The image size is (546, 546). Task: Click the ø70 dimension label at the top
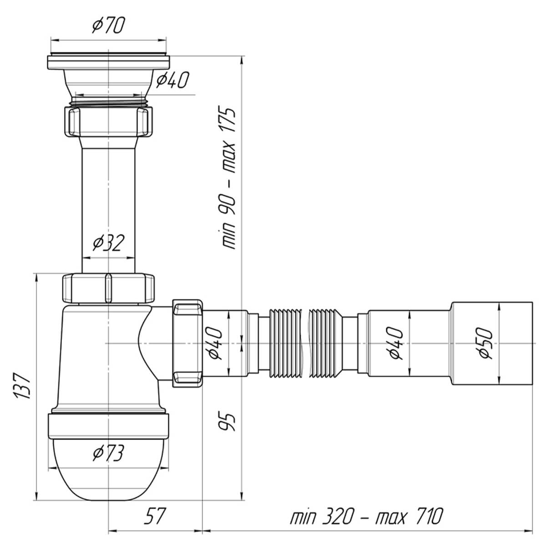(x=109, y=25)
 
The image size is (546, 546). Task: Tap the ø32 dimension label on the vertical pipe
(x=109, y=243)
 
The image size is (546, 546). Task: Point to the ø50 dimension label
(x=485, y=343)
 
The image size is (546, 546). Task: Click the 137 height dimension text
(x=23, y=386)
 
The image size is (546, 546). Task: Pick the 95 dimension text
(x=227, y=422)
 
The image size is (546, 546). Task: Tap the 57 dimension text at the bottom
(x=154, y=516)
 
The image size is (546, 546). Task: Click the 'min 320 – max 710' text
(x=366, y=516)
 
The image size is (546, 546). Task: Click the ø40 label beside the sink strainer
(x=172, y=80)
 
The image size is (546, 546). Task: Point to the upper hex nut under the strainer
(x=108, y=121)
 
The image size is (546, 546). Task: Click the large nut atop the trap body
(x=108, y=288)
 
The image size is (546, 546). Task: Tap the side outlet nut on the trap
(x=187, y=343)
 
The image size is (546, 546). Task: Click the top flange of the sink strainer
(x=108, y=62)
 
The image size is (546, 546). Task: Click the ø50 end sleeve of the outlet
(x=492, y=344)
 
